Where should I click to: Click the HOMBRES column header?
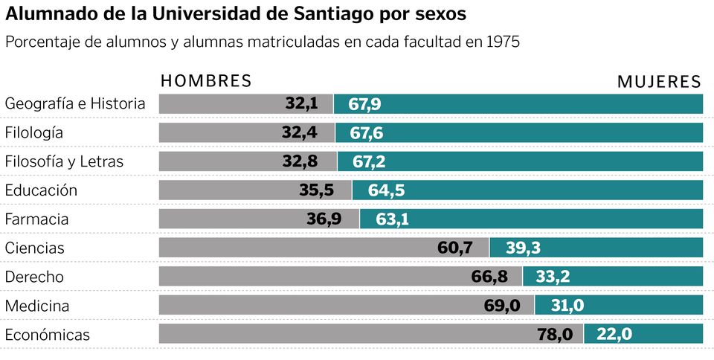click(206, 81)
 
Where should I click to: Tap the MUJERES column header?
click(659, 82)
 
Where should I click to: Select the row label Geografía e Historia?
click(75, 104)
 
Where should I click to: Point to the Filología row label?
click(34, 133)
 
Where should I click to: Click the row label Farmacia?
click(36, 219)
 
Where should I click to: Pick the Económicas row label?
click(47, 335)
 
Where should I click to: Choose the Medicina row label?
click(37, 306)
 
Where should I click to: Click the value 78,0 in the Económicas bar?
click(555, 335)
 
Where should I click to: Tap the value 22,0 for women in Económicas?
click(614, 335)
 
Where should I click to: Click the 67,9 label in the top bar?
click(364, 104)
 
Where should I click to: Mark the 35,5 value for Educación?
click(316, 190)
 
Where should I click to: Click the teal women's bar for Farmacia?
click(558, 219)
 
